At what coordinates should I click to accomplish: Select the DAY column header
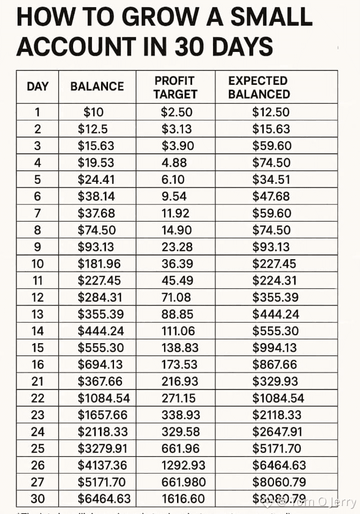[37, 86]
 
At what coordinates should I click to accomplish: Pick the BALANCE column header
[97, 86]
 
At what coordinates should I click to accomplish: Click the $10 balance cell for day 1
[93, 112]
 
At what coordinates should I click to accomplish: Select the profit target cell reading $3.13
[176, 129]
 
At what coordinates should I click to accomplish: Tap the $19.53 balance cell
[96, 162]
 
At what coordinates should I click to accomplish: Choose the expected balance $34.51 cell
[271, 179]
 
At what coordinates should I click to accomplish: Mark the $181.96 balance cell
[99, 263]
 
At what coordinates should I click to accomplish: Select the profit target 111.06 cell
[177, 331]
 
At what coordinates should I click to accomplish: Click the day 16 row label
[37, 364]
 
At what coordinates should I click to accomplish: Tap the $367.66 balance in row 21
[100, 381]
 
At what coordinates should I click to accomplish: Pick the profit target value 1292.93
[183, 465]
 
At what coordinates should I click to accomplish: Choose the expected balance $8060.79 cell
[278, 482]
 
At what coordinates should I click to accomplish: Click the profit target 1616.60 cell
[183, 499]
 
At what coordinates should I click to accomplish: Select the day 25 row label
[37, 448]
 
